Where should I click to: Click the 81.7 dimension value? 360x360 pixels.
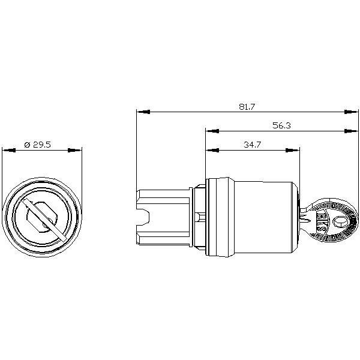247,107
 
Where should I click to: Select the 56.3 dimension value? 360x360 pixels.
282,125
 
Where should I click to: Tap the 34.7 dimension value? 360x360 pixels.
252,145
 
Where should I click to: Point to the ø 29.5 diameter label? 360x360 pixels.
37,145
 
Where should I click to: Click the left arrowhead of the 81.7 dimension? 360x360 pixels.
143,112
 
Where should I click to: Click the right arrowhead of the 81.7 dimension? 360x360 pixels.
351,112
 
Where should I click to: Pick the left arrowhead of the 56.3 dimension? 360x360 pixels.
212,131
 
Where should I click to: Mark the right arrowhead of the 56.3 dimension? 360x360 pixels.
351,131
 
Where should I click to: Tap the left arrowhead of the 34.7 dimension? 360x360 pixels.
212,150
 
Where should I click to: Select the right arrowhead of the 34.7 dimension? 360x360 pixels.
293,150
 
